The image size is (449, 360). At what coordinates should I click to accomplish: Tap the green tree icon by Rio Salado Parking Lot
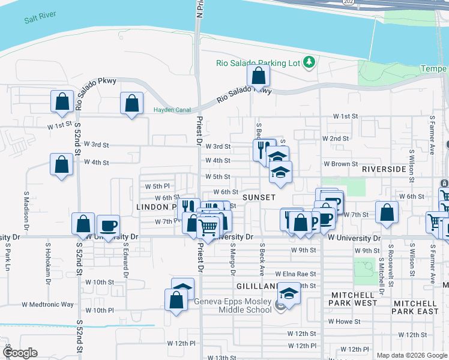(x=309, y=62)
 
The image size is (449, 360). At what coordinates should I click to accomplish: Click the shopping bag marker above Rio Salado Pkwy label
(x=258, y=76)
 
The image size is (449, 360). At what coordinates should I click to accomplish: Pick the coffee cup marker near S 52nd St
(x=108, y=227)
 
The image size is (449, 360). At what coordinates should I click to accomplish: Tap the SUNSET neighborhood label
(x=259, y=197)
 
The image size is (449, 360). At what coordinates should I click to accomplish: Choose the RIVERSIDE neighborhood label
(x=384, y=170)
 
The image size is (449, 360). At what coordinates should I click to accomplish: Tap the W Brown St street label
(x=340, y=163)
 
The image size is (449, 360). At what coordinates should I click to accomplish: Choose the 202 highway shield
(x=348, y=3)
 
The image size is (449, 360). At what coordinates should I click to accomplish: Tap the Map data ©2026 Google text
(x=412, y=355)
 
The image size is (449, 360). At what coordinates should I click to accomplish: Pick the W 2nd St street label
(x=336, y=139)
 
